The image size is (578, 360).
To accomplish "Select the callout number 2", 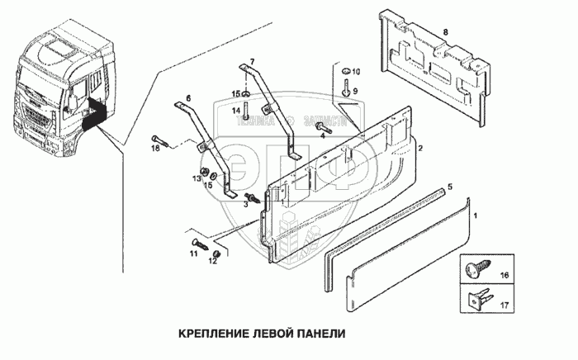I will tap(420, 148).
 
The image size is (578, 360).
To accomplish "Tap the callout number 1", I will tap(476, 216).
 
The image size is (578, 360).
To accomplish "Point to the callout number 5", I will tap(450, 187).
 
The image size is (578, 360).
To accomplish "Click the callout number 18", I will tap(154, 149).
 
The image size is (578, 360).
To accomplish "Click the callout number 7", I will tap(253, 63).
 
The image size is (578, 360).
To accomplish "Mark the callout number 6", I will tap(187, 97).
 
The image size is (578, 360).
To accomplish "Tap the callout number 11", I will tap(192, 255).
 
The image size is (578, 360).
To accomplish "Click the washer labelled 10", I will tap(343, 69).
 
